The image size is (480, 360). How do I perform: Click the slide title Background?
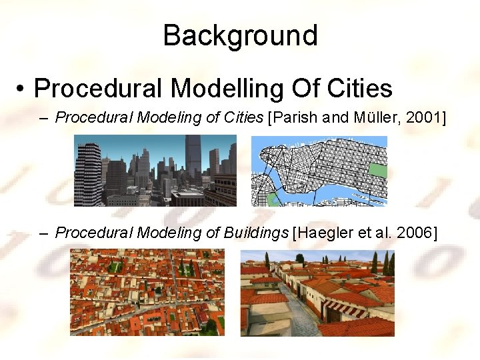[x=240, y=35]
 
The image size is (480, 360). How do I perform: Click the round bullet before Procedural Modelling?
[x=23, y=89]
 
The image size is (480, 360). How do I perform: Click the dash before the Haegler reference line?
[x=44, y=233]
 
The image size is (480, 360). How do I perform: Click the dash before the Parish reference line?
[x=44, y=119]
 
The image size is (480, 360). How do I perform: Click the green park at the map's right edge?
[x=378, y=171]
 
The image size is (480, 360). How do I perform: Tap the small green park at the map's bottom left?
[x=271, y=199]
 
